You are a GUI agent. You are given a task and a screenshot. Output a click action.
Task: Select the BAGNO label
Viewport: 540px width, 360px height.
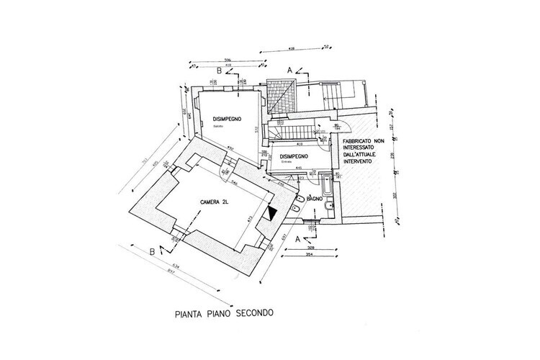click(313, 197)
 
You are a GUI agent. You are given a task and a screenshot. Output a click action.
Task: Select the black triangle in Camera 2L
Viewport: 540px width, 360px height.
click(272, 213)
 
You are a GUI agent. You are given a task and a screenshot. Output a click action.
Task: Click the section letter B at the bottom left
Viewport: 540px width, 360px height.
click(152, 251)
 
